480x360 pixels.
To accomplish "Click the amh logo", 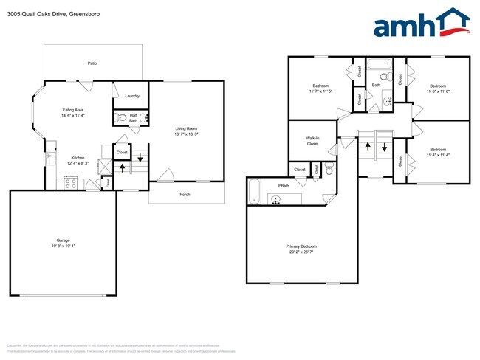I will [422, 24].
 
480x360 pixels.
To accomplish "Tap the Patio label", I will [92, 63].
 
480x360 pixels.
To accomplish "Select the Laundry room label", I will [132, 96].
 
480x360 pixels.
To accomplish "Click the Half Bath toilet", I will [122, 117].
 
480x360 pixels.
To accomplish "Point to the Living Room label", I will [186, 129].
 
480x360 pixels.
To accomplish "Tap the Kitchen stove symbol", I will [72, 184].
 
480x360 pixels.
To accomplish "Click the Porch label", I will [185, 195].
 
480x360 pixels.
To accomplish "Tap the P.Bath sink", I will [277, 199].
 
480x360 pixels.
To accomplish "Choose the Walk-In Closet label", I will [312, 141].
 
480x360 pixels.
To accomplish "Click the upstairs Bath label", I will [376, 85].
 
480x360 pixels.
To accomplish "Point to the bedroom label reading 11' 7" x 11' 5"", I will [320, 91].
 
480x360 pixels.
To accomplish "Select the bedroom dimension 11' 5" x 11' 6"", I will [439, 91].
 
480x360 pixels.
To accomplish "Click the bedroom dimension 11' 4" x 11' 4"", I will [439, 156].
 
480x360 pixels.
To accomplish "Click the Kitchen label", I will [77, 158].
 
